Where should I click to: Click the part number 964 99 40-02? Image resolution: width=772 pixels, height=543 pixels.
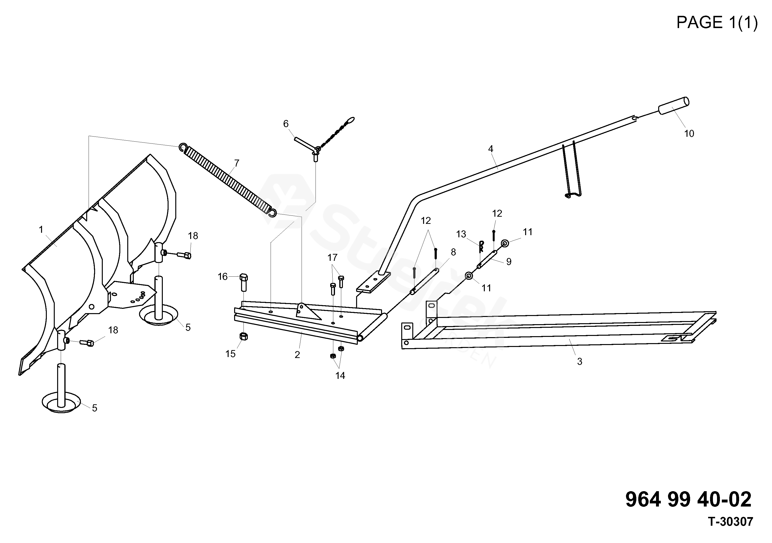pos(688,499)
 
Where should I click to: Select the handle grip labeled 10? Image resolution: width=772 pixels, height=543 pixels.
pos(673,106)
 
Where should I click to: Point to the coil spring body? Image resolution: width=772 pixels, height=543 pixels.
pos(229,179)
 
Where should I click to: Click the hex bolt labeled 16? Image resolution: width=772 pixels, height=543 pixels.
pos(244,283)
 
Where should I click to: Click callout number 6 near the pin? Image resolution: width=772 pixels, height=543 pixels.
pos(286,124)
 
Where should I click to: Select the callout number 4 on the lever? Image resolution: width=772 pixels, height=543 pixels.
pos(491,149)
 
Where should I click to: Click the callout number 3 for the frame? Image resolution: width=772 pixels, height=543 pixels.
pos(579,362)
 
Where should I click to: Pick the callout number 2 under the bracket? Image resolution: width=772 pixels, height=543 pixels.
pos(297,354)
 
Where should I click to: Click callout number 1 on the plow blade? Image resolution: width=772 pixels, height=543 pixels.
pos(41,229)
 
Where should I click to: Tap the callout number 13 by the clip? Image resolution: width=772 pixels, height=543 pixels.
pos(461,234)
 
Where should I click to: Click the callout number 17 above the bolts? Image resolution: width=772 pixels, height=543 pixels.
pos(332,258)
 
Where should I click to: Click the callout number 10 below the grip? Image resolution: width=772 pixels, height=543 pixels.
pos(689,134)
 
